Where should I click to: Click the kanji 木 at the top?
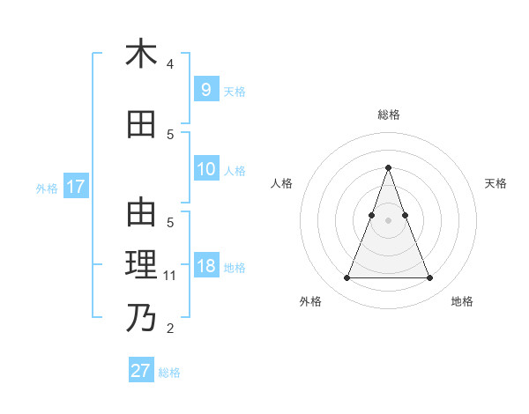tap(141, 54)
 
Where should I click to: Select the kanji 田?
tap(141, 124)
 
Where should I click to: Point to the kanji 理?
tap(141, 265)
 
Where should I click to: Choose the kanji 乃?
tap(141, 317)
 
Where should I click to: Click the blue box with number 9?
tap(205, 89)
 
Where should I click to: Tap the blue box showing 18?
tap(205, 266)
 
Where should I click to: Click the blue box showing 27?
tap(140, 371)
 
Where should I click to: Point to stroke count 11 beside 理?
tap(171, 276)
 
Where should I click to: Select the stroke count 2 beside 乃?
tap(170, 329)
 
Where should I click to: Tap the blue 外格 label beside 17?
tap(47, 188)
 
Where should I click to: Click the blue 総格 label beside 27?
tap(169, 373)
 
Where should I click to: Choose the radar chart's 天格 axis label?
tap(495, 183)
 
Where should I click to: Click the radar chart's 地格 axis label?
tap(462, 301)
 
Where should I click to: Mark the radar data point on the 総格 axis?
tap(388, 167)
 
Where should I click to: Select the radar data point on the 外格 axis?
tap(346, 278)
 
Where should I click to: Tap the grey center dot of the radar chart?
tap(388, 220)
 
